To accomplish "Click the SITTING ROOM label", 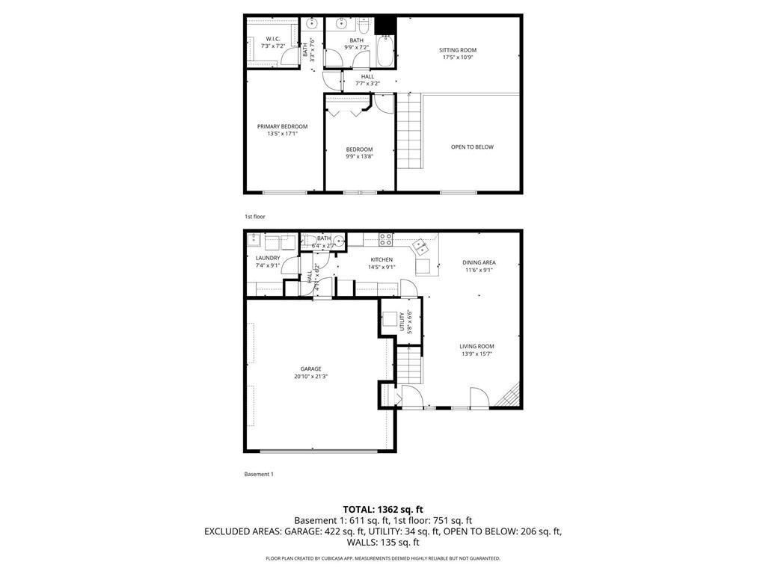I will pyautogui.click(x=457, y=50).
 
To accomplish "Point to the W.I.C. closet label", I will pyautogui.click(x=273, y=39).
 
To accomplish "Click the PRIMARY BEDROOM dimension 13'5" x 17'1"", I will pyautogui.click(x=282, y=134).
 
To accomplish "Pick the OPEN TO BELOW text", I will pyautogui.click(x=472, y=147).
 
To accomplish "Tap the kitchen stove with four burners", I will pyautogui.click(x=386, y=240).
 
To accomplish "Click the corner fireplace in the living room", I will pyautogui.click(x=512, y=396).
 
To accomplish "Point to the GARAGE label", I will pyautogui.click(x=310, y=368).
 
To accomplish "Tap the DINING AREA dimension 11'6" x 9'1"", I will pyautogui.click(x=479, y=271).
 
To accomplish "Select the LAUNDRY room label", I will pyautogui.click(x=267, y=258).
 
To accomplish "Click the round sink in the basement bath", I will pyautogui.click(x=339, y=241).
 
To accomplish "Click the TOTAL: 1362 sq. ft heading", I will pyautogui.click(x=382, y=508).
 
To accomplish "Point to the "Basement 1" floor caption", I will pyautogui.click(x=259, y=474).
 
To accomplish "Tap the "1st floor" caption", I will pyautogui.click(x=254, y=216).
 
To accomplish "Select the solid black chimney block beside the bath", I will pyautogui.click(x=385, y=25).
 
